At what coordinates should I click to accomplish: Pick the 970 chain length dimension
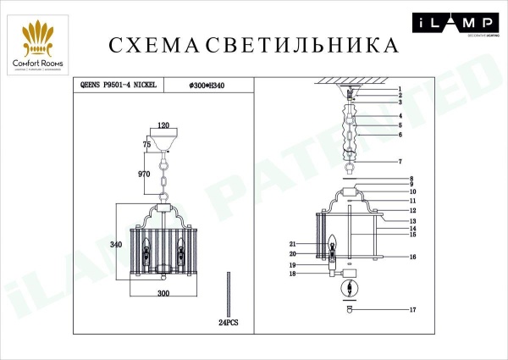click(x=143, y=174)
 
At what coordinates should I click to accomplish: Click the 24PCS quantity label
click(x=229, y=323)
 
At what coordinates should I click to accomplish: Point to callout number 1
click(x=399, y=89)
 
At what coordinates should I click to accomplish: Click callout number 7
click(x=399, y=162)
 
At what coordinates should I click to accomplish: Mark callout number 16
click(x=412, y=257)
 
